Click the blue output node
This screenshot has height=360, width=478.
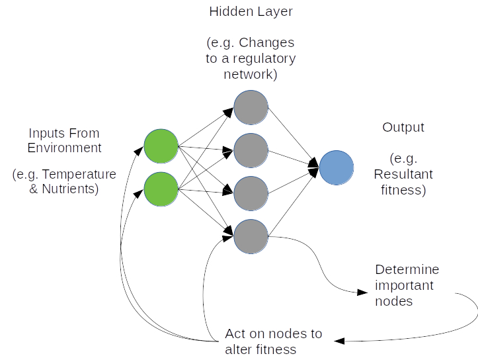(x=337, y=167)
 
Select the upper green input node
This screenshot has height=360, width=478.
(x=161, y=147)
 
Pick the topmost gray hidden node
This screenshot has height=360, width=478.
(x=251, y=107)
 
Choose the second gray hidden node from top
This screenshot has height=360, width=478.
(x=251, y=150)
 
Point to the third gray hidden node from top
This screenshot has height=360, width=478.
(x=251, y=192)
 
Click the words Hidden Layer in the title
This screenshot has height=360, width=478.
(x=251, y=12)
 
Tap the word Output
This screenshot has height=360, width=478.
(x=403, y=127)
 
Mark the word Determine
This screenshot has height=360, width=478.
(x=407, y=270)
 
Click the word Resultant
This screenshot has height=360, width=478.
(x=403, y=175)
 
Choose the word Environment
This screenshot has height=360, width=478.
(x=65, y=148)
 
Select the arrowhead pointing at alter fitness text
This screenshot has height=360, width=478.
(x=339, y=341)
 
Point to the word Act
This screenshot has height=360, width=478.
(x=235, y=334)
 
